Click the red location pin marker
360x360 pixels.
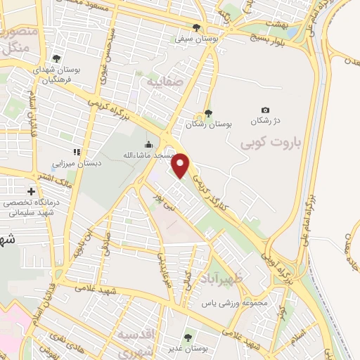181,165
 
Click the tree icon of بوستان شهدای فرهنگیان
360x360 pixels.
56,59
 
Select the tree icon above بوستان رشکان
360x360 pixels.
207,113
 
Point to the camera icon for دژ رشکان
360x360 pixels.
265,110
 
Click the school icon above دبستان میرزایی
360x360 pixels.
77,152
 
